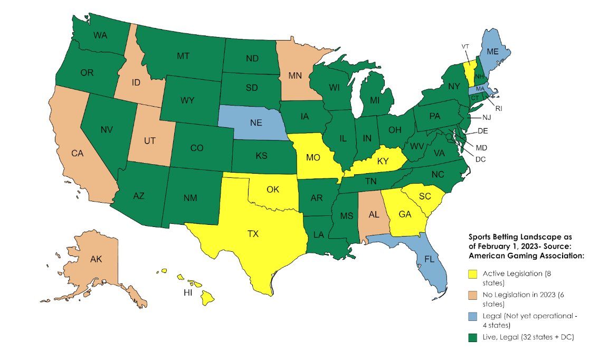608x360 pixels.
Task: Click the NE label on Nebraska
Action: pos(256,122)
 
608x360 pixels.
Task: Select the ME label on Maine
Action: pos(492,52)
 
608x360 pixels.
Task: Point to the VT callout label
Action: pos(465,46)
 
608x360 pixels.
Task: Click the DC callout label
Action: pos(480,159)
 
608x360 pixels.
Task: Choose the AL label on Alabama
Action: pos(373,215)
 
